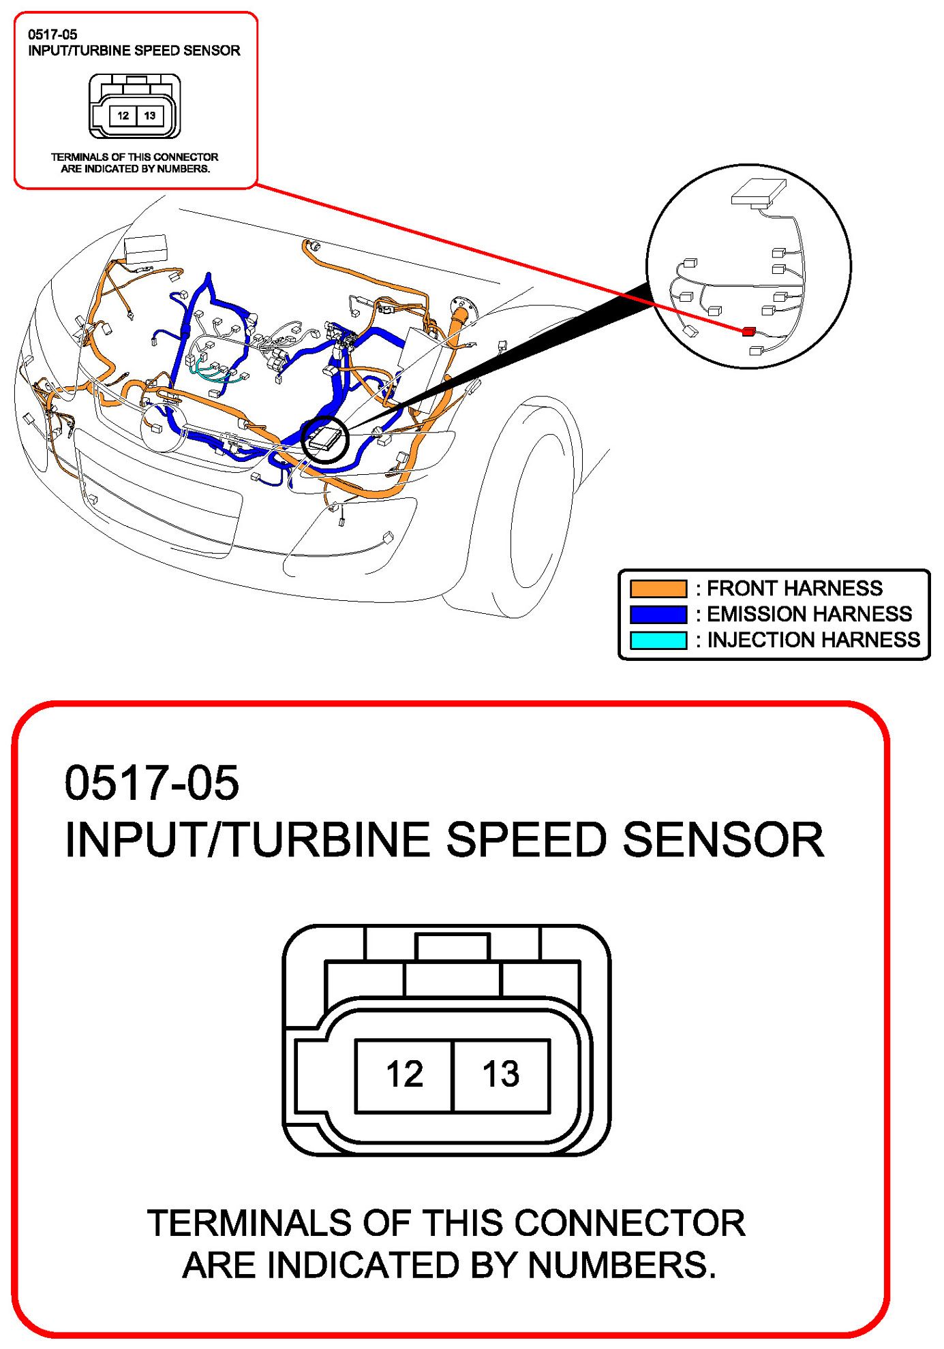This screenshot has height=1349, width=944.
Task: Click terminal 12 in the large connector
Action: (x=404, y=1076)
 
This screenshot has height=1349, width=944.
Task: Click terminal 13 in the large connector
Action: (x=501, y=1076)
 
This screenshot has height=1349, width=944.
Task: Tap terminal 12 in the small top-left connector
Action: (x=123, y=116)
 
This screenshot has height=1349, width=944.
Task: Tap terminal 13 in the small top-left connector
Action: (x=150, y=116)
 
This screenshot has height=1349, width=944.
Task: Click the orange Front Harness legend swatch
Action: (x=658, y=588)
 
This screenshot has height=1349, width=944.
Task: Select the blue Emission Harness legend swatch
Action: (x=658, y=614)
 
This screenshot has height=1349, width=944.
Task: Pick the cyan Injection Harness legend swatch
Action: (x=658, y=640)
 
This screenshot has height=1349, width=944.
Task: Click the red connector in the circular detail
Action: (x=748, y=332)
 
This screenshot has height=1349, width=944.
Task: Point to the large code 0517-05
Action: (x=151, y=783)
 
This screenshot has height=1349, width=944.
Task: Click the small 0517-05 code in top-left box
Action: (x=52, y=35)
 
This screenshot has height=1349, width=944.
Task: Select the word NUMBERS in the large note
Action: (x=621, y=1266)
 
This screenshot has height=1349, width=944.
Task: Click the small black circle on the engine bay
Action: (x=325, y=439)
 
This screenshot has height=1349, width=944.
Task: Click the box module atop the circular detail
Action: (x=758, y=192)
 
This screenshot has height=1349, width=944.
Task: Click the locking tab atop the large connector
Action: (x=453, y=947)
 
